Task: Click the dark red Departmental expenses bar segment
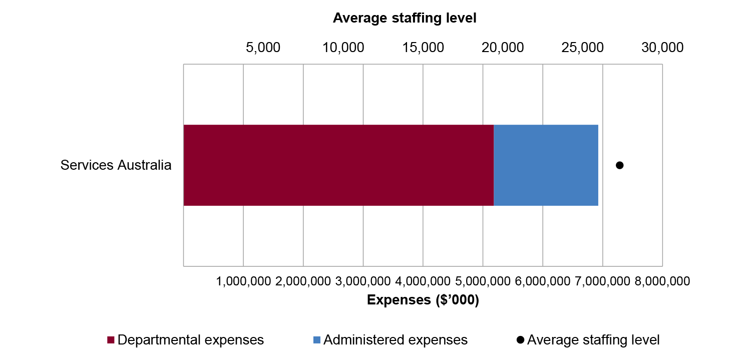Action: click(338, 165)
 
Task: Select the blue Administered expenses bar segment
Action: click(546, 165)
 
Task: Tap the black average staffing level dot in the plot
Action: click(620, 165)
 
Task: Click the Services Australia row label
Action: click(116, 165)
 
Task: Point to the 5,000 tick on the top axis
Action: click(263, 48)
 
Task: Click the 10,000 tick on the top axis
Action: click(343, 48)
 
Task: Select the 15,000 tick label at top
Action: click(423, 48)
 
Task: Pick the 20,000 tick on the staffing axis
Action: click(503, 48)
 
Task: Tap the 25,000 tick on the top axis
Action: click(583, 48)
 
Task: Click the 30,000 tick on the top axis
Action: click(662, 48)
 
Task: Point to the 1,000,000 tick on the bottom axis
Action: click(244, 281)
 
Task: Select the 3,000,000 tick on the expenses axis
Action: click(363, 281)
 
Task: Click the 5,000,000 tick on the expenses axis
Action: click(483, 281)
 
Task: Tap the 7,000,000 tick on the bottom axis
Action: click(602, 281)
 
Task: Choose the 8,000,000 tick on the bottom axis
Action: click(662, 281)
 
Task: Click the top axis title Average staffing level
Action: click(405, 19)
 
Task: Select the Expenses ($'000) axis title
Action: click(423, 300)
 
